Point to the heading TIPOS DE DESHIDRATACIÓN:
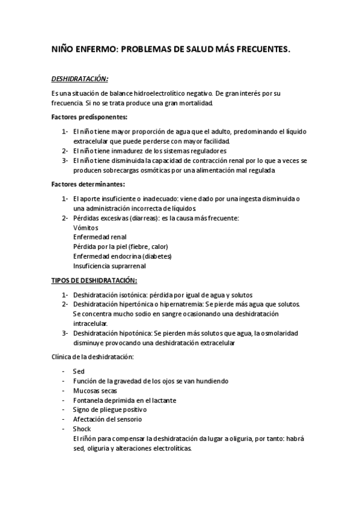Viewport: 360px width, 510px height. [94, 280]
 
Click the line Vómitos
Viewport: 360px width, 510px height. [85, 228]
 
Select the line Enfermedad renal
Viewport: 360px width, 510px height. [100, 237]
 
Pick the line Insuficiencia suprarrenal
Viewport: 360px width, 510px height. [109, 266]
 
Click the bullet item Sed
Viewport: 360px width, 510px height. [78, 371]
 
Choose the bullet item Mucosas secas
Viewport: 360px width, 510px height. [95, 390]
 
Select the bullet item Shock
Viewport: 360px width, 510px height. [82, 429]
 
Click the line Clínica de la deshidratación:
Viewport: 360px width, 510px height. [93, 357]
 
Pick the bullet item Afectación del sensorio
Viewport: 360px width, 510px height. [107, 419]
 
